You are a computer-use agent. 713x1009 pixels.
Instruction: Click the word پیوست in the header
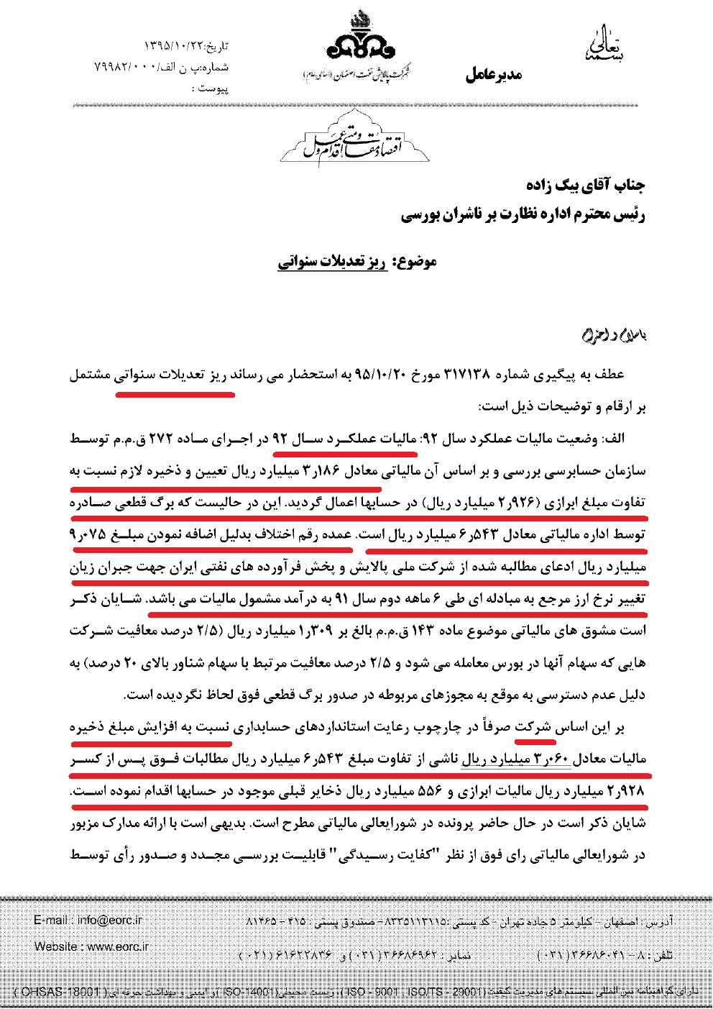[x=213, y=88]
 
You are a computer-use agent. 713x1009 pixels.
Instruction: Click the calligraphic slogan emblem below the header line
[x=355, y=142]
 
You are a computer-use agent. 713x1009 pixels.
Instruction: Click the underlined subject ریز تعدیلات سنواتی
[x=332, y=262]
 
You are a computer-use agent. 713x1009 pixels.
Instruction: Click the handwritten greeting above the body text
[x=613, y=336]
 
